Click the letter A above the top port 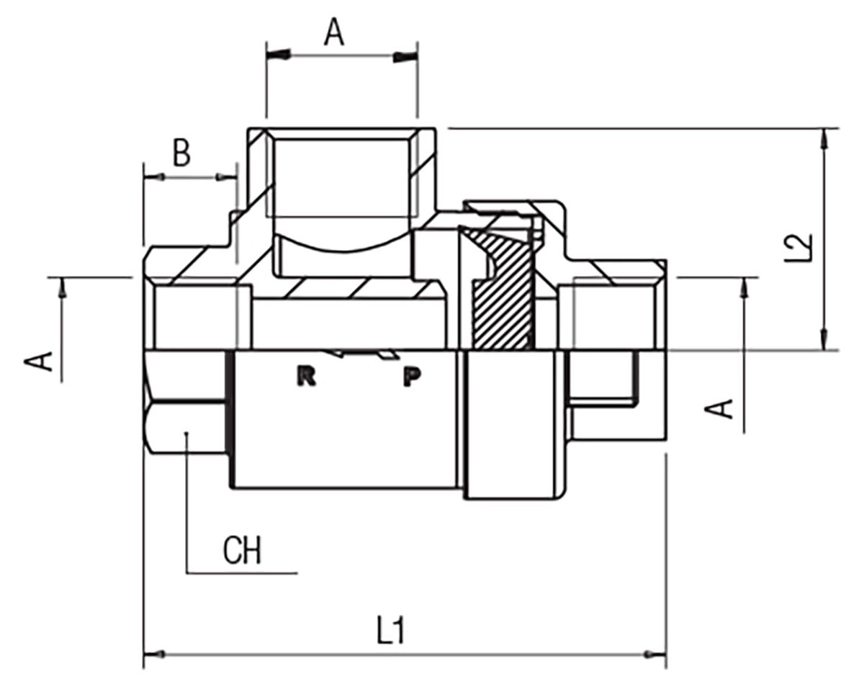(333, 32)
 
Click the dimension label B (181, 153)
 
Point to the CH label (242, 550)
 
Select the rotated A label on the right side (719, 409)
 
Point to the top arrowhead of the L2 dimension (824, 140)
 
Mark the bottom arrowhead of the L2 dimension (824, 339)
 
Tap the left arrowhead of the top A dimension (278, 55)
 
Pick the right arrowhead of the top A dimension (405, 57)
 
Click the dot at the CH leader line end (186, 434)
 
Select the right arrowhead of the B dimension (226, 176)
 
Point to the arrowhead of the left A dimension (62, 288)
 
